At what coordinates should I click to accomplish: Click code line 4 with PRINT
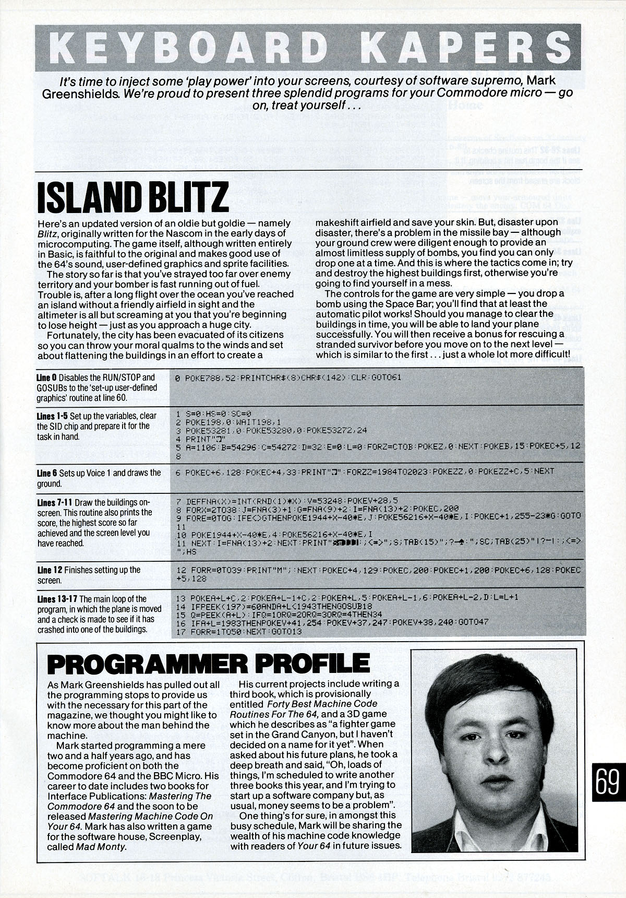pos(196,439)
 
